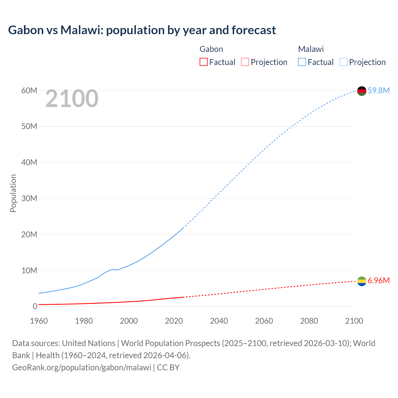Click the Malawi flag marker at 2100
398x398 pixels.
click(x=362, y=91)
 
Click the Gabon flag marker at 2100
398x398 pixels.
click(x=362, y=281)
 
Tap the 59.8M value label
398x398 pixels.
click(x=378, y=90)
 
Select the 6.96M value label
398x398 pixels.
click(x=378, y=280)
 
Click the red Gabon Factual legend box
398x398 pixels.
click(x=203, y=62)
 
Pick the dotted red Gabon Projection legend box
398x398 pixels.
click(x=245, y=62)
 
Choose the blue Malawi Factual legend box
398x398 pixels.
click(x=302, y=62)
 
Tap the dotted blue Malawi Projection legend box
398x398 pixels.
click(x=343, y=62)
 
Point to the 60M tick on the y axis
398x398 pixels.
click(x=29, y=90)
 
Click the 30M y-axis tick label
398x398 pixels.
click(x=29, y=198)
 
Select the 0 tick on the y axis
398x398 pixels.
click(x=35, y=306)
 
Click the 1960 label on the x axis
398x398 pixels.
click(x=39, y=321)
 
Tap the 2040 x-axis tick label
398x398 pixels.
click(x=219, y=321)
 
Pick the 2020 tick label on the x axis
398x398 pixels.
click(x=174, y=321)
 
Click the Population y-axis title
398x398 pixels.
click(x=13, y=193)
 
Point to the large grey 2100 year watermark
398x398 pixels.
click(x=72, y=99)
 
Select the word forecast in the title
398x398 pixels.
click(x=254, y=30)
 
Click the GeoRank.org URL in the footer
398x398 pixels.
click(x=81, y=368)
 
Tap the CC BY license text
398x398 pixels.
click(x=168, y=368)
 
